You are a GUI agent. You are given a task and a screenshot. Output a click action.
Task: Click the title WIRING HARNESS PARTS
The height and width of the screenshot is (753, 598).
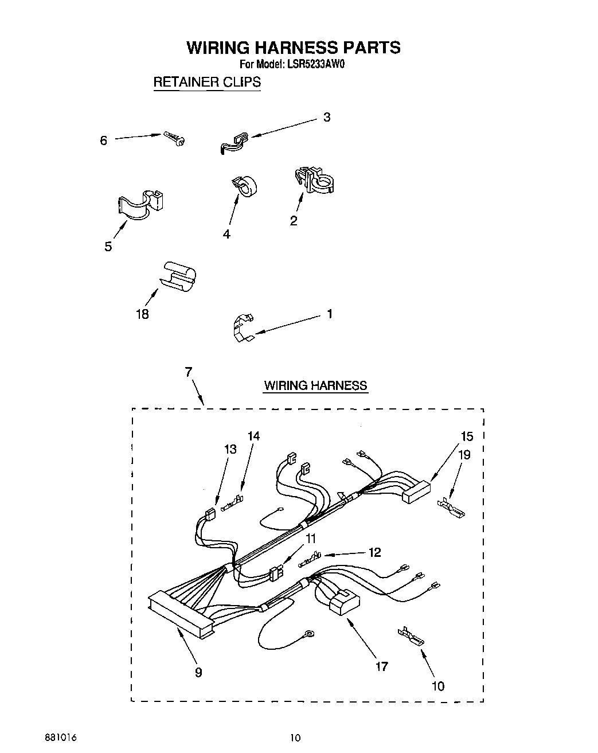293,47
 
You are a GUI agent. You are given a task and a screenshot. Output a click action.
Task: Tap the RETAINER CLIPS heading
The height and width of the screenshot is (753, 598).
206,82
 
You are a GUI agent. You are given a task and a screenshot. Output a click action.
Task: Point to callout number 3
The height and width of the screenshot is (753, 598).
326,118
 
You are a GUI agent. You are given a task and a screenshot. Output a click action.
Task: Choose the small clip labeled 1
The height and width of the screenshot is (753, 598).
243,329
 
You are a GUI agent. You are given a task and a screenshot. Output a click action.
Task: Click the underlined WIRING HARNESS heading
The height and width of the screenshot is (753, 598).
315,385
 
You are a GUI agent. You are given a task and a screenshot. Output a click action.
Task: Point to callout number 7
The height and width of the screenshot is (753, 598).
188,372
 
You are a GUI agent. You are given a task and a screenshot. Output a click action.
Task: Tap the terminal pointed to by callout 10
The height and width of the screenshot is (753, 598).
411,635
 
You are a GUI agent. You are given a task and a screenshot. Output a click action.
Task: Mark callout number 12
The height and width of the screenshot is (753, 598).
374,553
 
